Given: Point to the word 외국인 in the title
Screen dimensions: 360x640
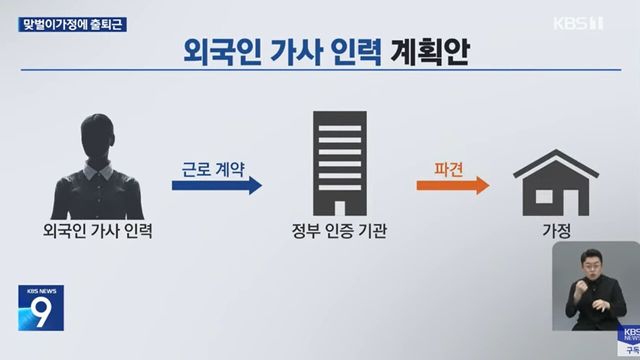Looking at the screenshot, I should point(214,51).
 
